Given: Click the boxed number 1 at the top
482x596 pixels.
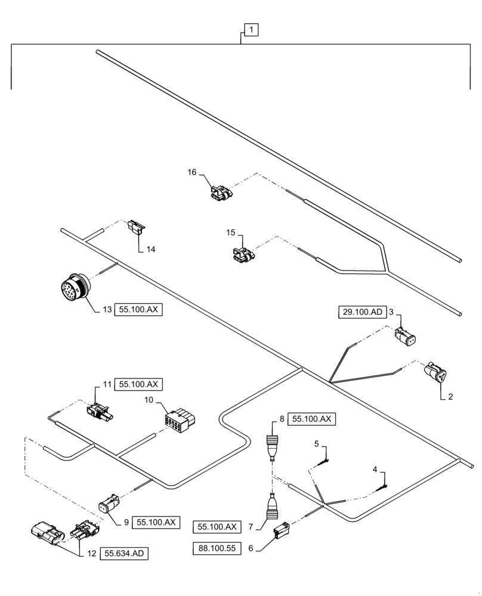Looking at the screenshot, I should (251, 30).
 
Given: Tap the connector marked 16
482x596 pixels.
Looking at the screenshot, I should (220, 193).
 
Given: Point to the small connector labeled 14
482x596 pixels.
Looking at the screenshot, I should (136, 227).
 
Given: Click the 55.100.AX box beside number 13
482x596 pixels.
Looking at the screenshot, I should (140, 310).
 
